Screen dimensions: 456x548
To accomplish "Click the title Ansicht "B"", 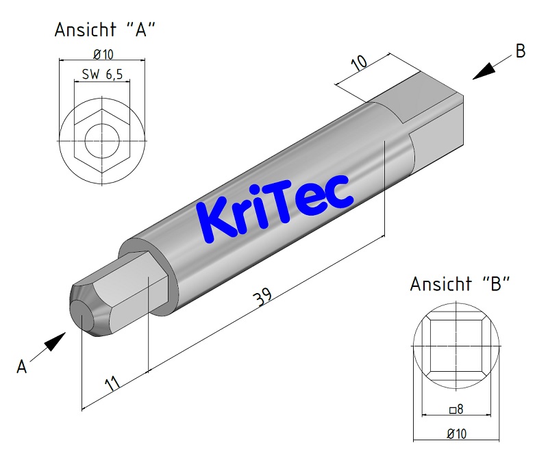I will [459, 284].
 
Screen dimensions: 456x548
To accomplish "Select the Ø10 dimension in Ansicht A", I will [103, 54].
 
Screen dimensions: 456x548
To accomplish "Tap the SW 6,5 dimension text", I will [102, 75].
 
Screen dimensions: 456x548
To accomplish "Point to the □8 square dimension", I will [456, 409].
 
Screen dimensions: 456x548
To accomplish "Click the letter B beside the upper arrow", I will [521, 51].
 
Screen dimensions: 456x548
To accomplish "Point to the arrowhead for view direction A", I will [56, 339].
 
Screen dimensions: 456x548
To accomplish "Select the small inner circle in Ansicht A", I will [103, 141].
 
